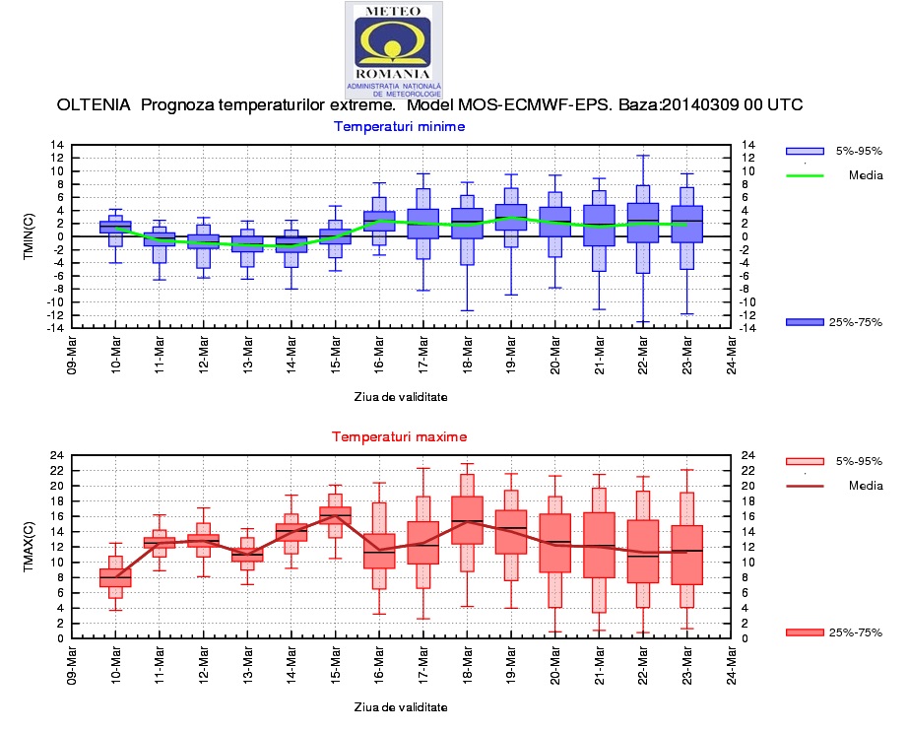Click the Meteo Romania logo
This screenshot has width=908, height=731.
coord(393,46)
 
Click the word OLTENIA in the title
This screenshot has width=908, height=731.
coord(95,104)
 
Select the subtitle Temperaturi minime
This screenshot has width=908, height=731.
coord(399,126)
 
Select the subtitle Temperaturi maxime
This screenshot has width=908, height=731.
coord(399,436)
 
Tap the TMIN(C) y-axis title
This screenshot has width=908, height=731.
coord(29,236)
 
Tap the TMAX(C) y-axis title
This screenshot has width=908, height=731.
coord(29,547)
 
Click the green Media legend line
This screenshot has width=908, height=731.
coord(805,176)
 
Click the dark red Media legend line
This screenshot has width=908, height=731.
coord(805,486)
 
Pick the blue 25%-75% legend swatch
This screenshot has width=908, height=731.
coord(805,322)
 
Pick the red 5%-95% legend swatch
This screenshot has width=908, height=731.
coord(805,461)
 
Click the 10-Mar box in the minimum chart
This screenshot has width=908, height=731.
coord(115,227)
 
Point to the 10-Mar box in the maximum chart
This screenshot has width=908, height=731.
coord(115,578)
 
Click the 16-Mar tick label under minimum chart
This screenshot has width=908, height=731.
coord(379,352)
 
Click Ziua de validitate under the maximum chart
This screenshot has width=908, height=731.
coord(401,706)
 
